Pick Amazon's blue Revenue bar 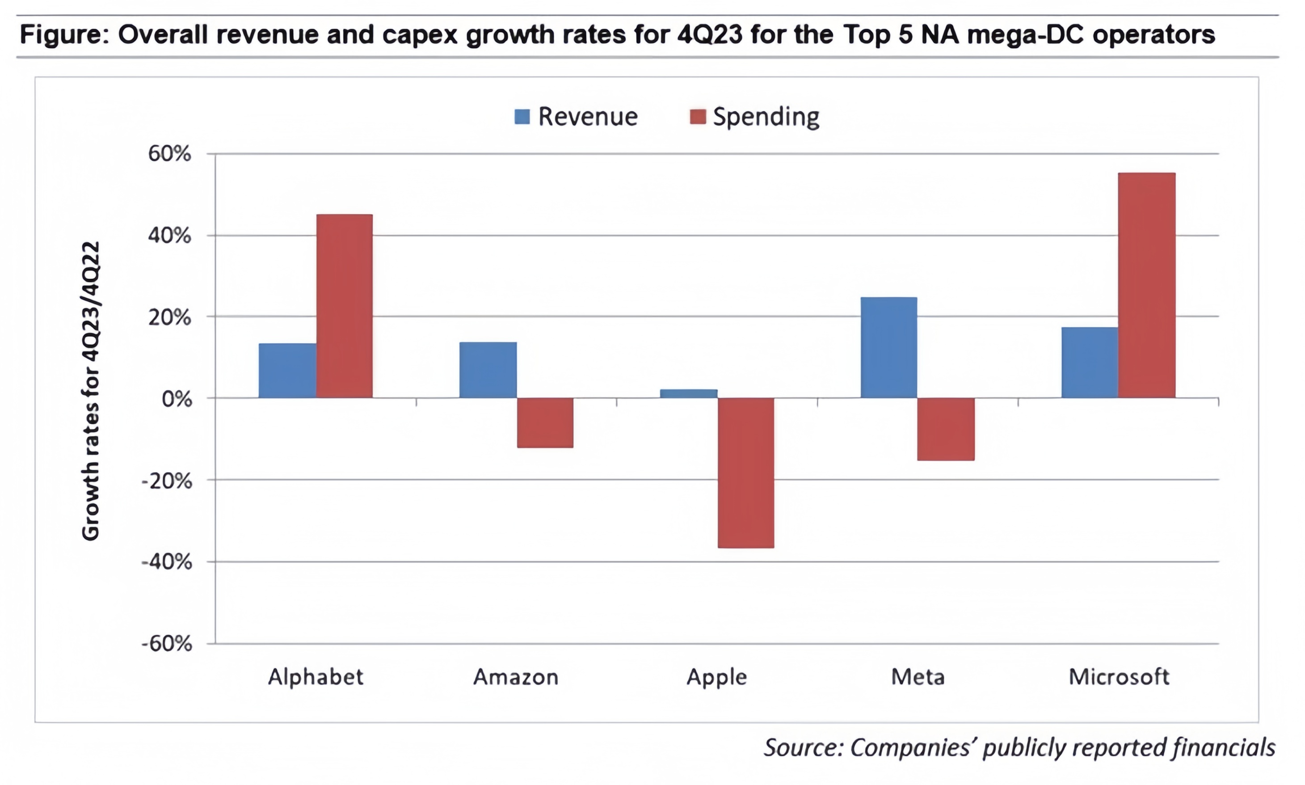[x=488, y=370]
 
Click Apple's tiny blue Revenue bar [x=688, y=393]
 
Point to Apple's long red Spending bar [x=745, y=473]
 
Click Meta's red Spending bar [x=945, y=429]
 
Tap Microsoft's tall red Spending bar [x=1146, y=285]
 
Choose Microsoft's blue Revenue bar [x=1089, y=363]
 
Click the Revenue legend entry [x=577, y=116]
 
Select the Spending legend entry [x=755, y=116]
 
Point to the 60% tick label [x=169, y=154]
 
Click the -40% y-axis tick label [x=167, y=562]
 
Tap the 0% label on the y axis [x=176, y=399]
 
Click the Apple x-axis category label [x=716, y=676]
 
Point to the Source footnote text [x=1019, y=747]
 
